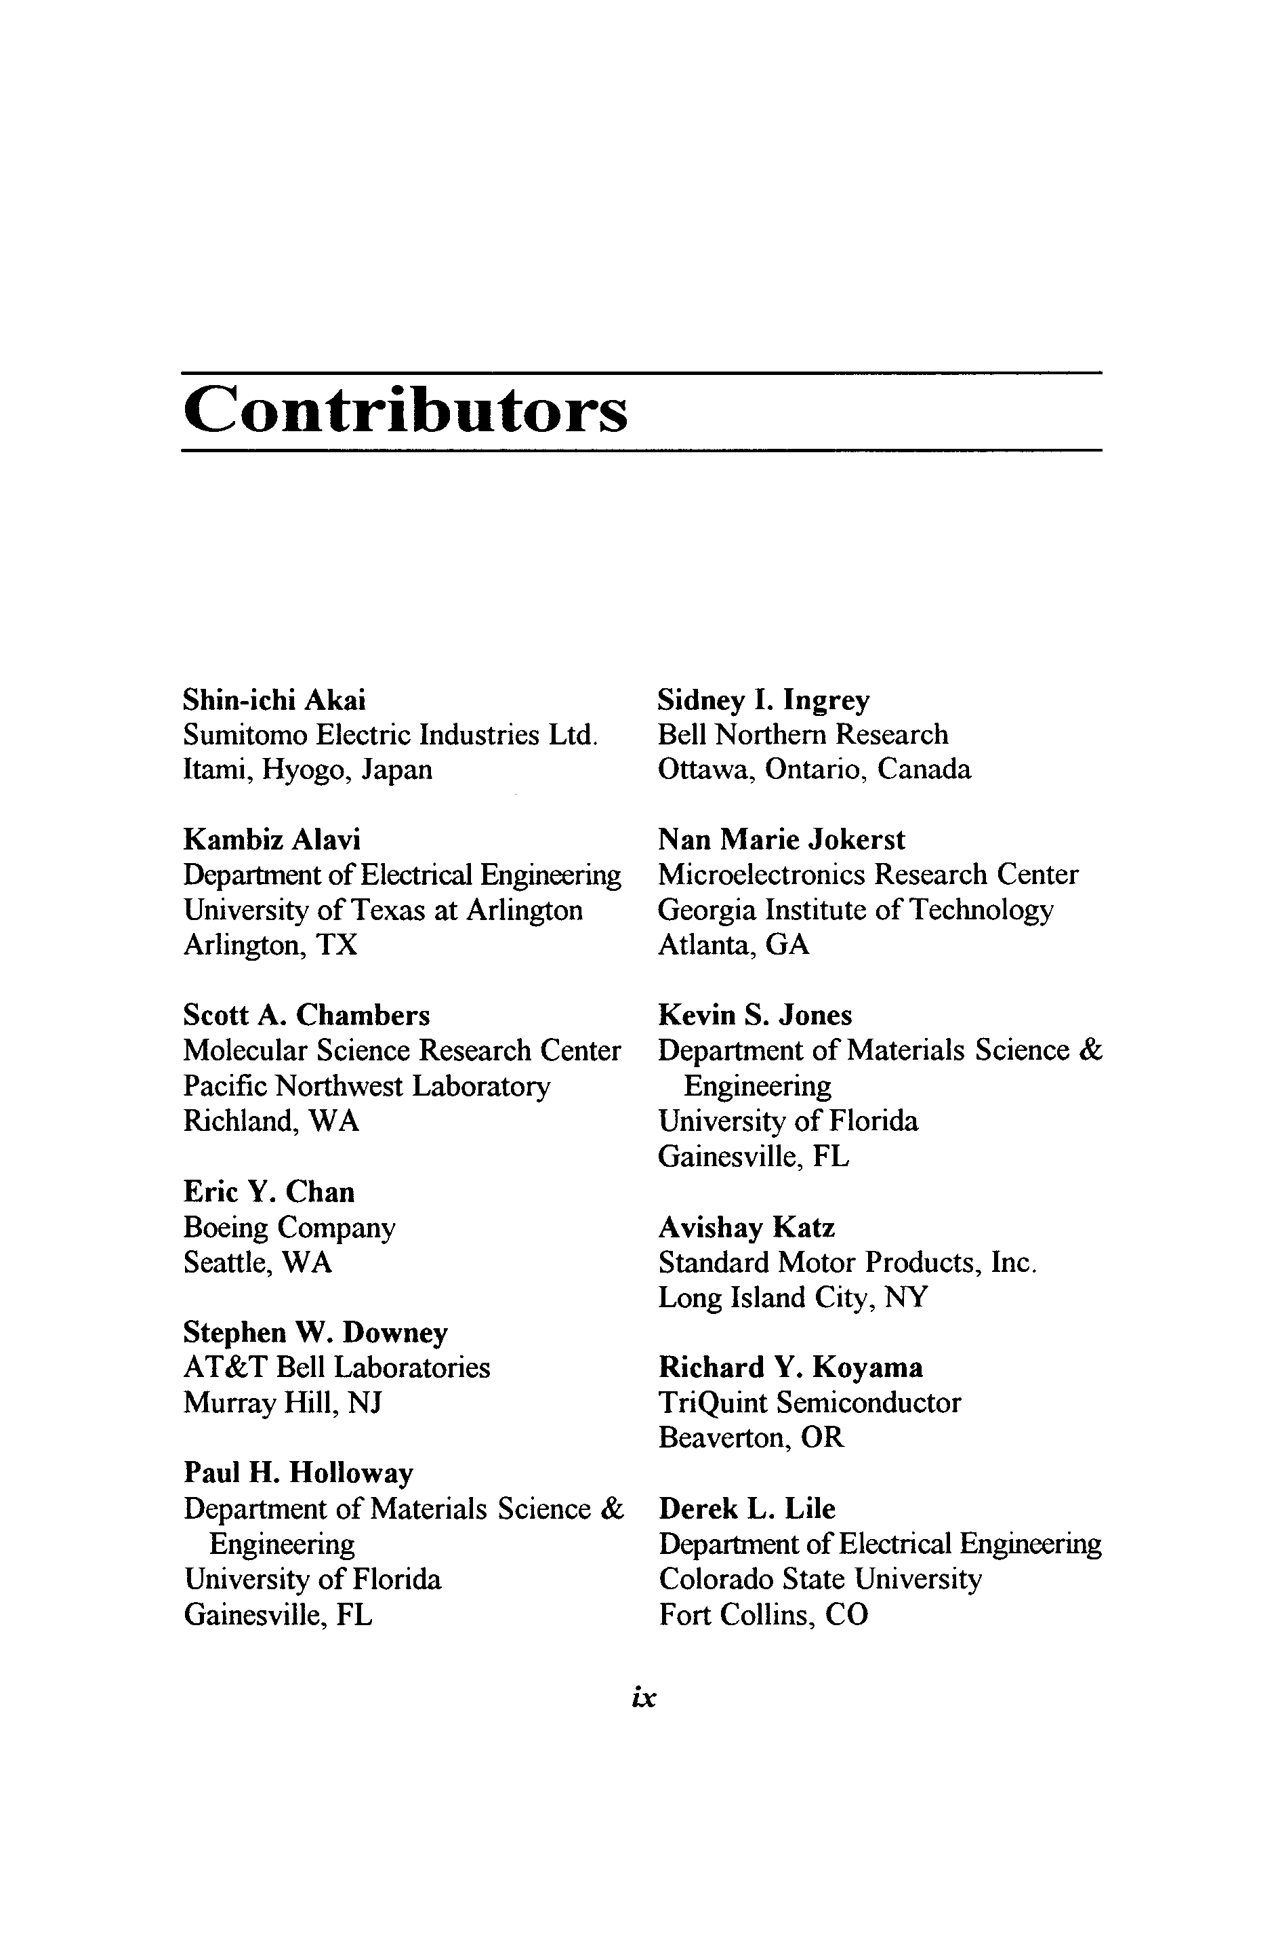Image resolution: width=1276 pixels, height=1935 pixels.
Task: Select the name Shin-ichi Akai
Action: click(x=274, y=700)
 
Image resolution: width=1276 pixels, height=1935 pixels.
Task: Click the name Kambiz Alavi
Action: click(x=272, y=839)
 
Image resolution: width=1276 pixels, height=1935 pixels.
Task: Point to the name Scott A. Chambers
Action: click(x=307, y=1015)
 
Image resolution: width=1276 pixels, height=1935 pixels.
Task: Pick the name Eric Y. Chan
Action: click(x=269, y=1192)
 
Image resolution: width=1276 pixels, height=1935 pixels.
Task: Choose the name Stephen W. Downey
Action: click(x=316, y=1333)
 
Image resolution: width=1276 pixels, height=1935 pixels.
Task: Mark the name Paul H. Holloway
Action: click(x=299, y=1473)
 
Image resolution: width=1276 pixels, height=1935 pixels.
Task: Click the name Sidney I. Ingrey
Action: click(x=763, y=700)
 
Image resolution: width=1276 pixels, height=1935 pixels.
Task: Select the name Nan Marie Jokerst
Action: click(x=781, y=839)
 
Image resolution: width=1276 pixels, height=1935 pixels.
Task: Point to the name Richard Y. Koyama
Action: click(x=790, y=1367)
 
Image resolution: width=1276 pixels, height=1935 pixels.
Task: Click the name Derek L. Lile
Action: click(x=746, y=1509)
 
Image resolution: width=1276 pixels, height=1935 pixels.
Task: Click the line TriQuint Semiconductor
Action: click(x=810, y=1403)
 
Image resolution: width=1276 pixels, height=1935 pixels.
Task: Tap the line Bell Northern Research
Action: click(x=803, y=735)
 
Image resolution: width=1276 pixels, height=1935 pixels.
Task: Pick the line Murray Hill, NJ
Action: click(x=283, y=1403)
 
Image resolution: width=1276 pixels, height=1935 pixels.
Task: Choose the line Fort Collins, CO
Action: click(x=763, y=1614)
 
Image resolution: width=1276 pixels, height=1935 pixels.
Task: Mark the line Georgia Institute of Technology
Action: click(x=855, y=909)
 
